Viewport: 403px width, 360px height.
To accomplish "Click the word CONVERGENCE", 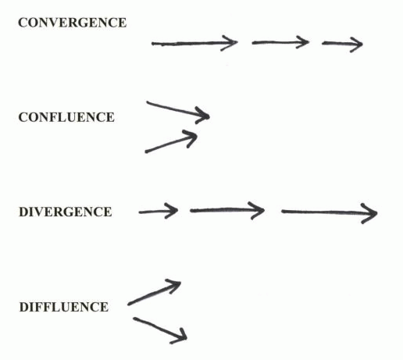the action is coord(73,23).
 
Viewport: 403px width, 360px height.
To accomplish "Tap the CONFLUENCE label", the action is coord(66,117).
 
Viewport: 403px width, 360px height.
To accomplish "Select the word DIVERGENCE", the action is coord(66,212).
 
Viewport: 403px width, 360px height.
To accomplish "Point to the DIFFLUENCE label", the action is coord(64,307).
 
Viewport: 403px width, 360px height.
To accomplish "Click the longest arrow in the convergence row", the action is coord(194,43).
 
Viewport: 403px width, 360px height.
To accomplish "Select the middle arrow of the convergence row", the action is coord(280,42).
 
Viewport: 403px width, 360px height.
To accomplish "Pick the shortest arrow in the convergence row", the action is coord(342,44).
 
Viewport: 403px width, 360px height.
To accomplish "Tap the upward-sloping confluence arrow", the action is coord(171,142).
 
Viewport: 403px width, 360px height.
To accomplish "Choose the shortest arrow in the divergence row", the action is coord(159,212).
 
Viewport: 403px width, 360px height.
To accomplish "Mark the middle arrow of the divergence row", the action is coord(227,210).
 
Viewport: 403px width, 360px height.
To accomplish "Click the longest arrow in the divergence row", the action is coord(330,212).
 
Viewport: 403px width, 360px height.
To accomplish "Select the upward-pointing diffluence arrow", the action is coord(154,293).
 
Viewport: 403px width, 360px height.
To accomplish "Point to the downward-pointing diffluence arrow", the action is coord(160,330).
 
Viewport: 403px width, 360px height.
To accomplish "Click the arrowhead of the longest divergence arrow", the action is coord(370,214).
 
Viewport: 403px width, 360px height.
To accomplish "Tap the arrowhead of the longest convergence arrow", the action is coord(230,43).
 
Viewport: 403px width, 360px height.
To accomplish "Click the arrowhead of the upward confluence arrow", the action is coord(191,137).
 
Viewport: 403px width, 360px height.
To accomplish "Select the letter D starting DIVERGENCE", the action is coord(23,212).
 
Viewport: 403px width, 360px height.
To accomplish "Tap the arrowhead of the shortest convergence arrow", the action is coord(356,45).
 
